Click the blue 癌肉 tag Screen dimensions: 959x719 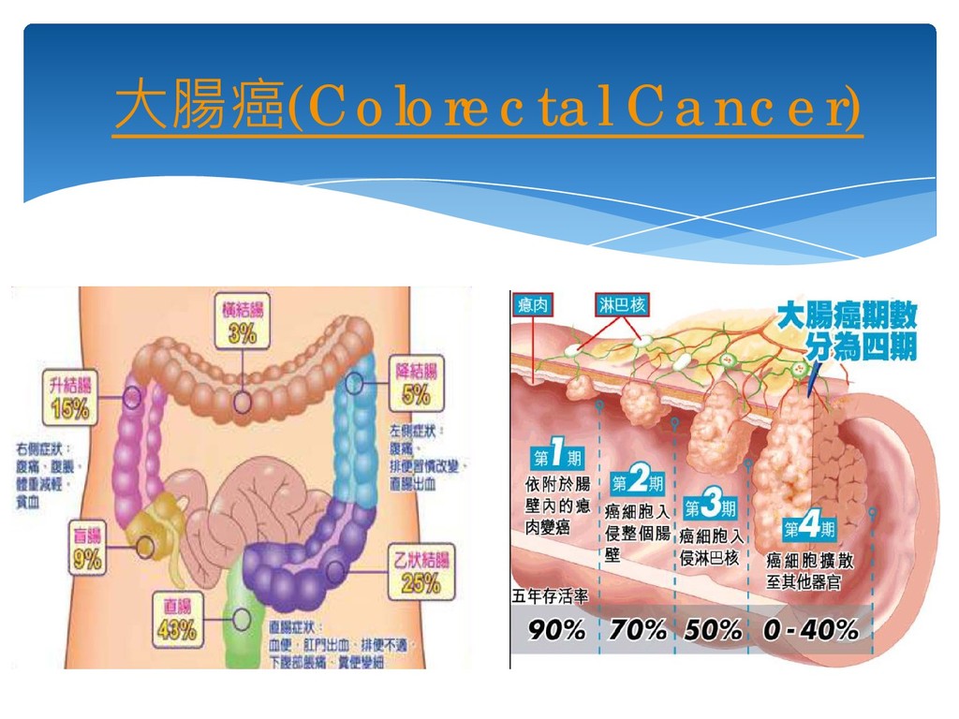533,304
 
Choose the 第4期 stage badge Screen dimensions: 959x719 809,528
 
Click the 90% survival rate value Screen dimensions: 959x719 557,630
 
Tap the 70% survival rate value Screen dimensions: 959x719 638,630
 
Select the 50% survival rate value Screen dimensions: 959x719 714,630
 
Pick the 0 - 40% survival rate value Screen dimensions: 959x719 810,630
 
